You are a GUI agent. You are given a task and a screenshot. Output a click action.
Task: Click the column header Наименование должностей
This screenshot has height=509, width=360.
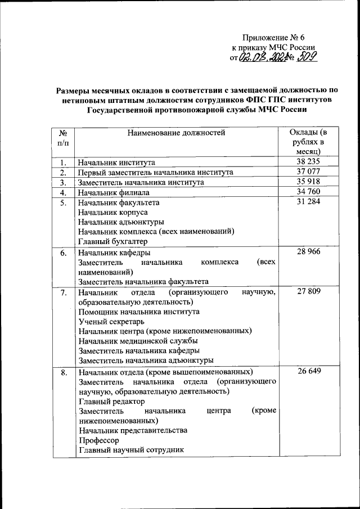176,133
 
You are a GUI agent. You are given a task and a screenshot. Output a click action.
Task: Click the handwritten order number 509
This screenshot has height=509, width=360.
308,57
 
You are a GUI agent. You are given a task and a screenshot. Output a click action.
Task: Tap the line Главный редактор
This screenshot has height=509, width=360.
111,402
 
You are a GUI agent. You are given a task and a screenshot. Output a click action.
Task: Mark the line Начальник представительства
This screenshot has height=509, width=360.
133,430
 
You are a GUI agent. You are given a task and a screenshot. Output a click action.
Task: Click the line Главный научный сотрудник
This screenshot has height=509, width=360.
130,450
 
